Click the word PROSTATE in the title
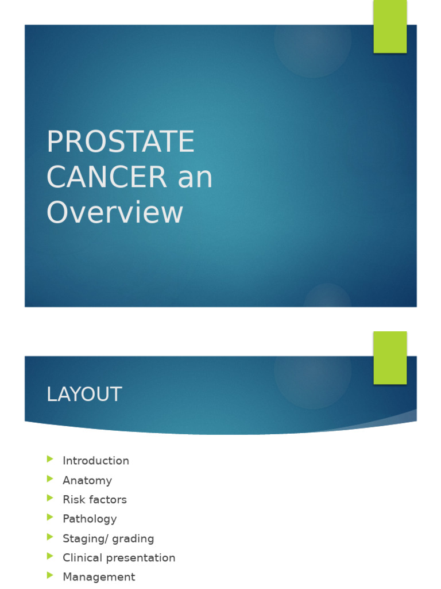click(x=121, y=142)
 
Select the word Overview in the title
click(x=115, y=212)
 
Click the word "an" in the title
click(x=195, y=178)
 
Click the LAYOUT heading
click(x=84, y=395)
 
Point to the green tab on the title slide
click(x=390, y=26)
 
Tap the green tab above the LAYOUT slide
click(x=390, y=357)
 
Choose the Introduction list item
click(x=96, y=461)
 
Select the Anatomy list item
click(x=87, y=480)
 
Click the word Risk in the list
click(x=73, y=499)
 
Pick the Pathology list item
click(x=90, y=519)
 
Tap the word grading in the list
click(x=133, y=539)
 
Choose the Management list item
click(x=99, y=577)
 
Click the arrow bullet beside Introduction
click(x=50, y=459)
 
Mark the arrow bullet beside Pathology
click(x=50, y=518)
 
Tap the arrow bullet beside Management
click(x=50, y=575)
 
